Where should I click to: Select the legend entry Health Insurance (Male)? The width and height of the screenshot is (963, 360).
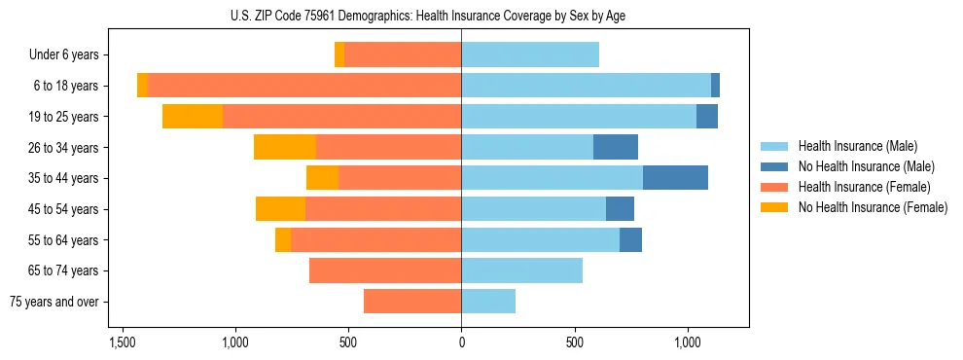[x=856, y=146]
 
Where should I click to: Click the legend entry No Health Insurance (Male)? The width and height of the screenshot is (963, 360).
[x=864, y=166]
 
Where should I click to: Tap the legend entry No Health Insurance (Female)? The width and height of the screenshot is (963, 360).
[x=872, y=207]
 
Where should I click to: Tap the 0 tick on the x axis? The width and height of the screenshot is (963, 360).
[x=461, y=343]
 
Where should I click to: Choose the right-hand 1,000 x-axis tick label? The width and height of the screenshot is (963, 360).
[x=687, y=343]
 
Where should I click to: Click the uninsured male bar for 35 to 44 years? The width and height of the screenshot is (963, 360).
[x=675, y=178]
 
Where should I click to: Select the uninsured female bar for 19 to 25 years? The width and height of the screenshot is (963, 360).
[x=193, y=117]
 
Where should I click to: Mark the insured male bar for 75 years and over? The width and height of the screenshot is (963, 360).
[x=488, y=302]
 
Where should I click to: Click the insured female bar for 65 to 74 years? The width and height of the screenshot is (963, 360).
[x=385, y=270]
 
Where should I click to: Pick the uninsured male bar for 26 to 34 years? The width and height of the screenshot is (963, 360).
[x=616, y=147]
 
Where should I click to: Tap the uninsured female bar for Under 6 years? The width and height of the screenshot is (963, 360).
[x=339, y=55]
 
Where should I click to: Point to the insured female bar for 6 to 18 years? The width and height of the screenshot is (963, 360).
[x=303, y=86]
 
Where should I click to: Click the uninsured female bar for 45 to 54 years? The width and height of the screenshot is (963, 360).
[x=280, y=209]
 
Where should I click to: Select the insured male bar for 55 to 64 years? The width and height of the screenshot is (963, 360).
[x=540, y=239]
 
